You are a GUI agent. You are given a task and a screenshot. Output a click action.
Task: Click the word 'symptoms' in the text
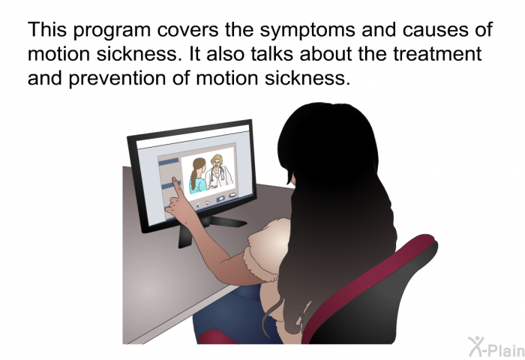click(307, 30)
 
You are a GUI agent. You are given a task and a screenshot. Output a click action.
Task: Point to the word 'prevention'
click(118, 79)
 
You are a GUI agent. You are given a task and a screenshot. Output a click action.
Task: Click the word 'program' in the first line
click(112, 31)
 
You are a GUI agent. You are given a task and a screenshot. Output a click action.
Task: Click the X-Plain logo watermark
click(496, 346)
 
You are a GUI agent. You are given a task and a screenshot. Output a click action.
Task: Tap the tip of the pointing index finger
click(174, 179)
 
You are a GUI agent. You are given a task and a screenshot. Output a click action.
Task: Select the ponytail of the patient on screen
click(193, 179)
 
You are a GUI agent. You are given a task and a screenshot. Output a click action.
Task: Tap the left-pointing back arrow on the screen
click(197, 205)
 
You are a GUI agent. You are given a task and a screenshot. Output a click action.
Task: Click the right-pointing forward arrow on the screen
click(208, 202)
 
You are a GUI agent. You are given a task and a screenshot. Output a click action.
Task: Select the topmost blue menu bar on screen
click(169, 162)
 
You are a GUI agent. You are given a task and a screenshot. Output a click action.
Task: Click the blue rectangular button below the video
click(221, 199)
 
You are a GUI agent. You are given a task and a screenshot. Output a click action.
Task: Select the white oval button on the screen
click(232, 195)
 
